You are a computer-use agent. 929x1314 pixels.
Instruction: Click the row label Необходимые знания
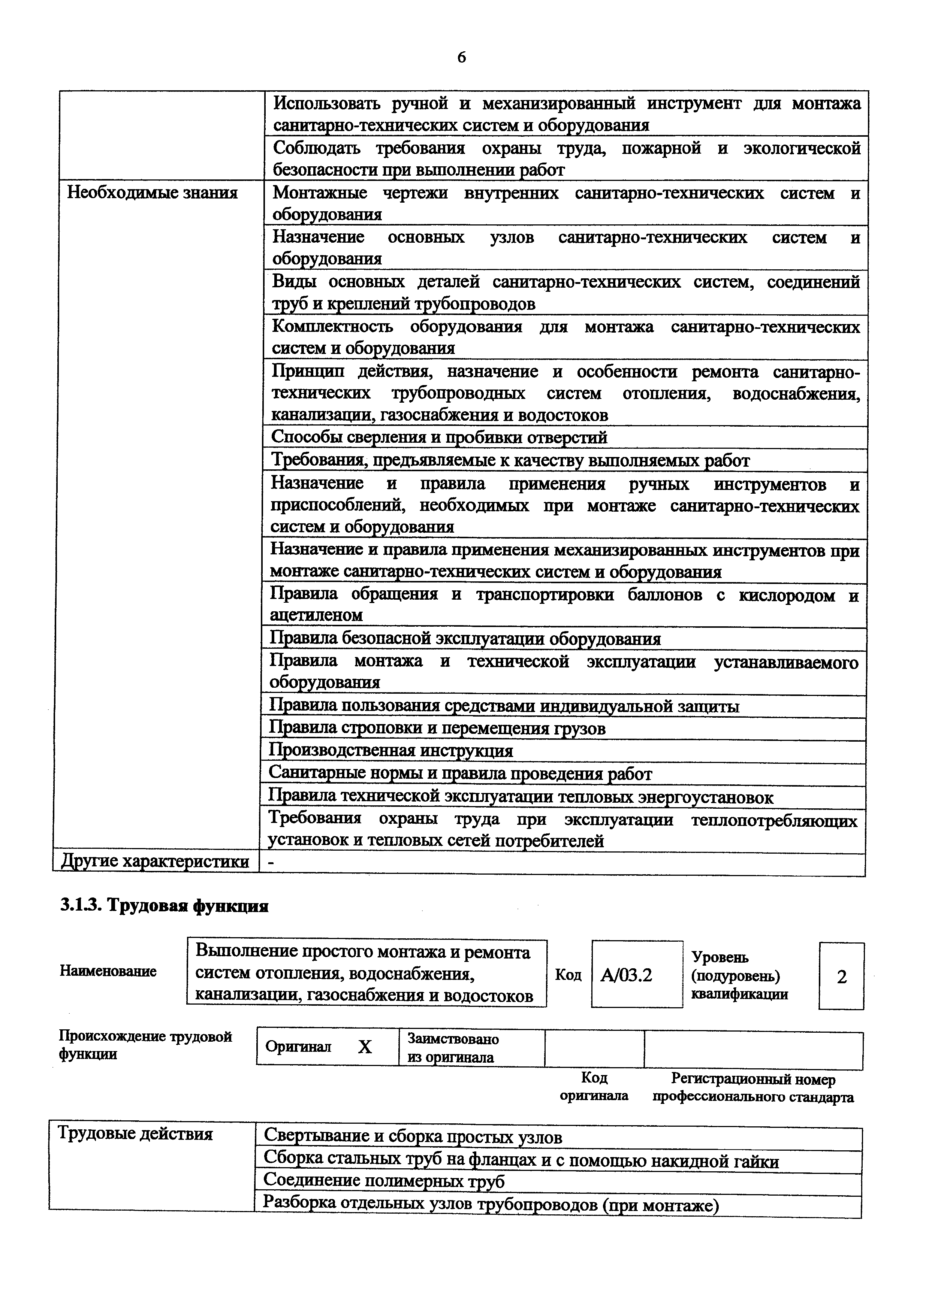(x=152, y=193)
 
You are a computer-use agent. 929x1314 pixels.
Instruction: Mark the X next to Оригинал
(x=365, y=1047)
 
